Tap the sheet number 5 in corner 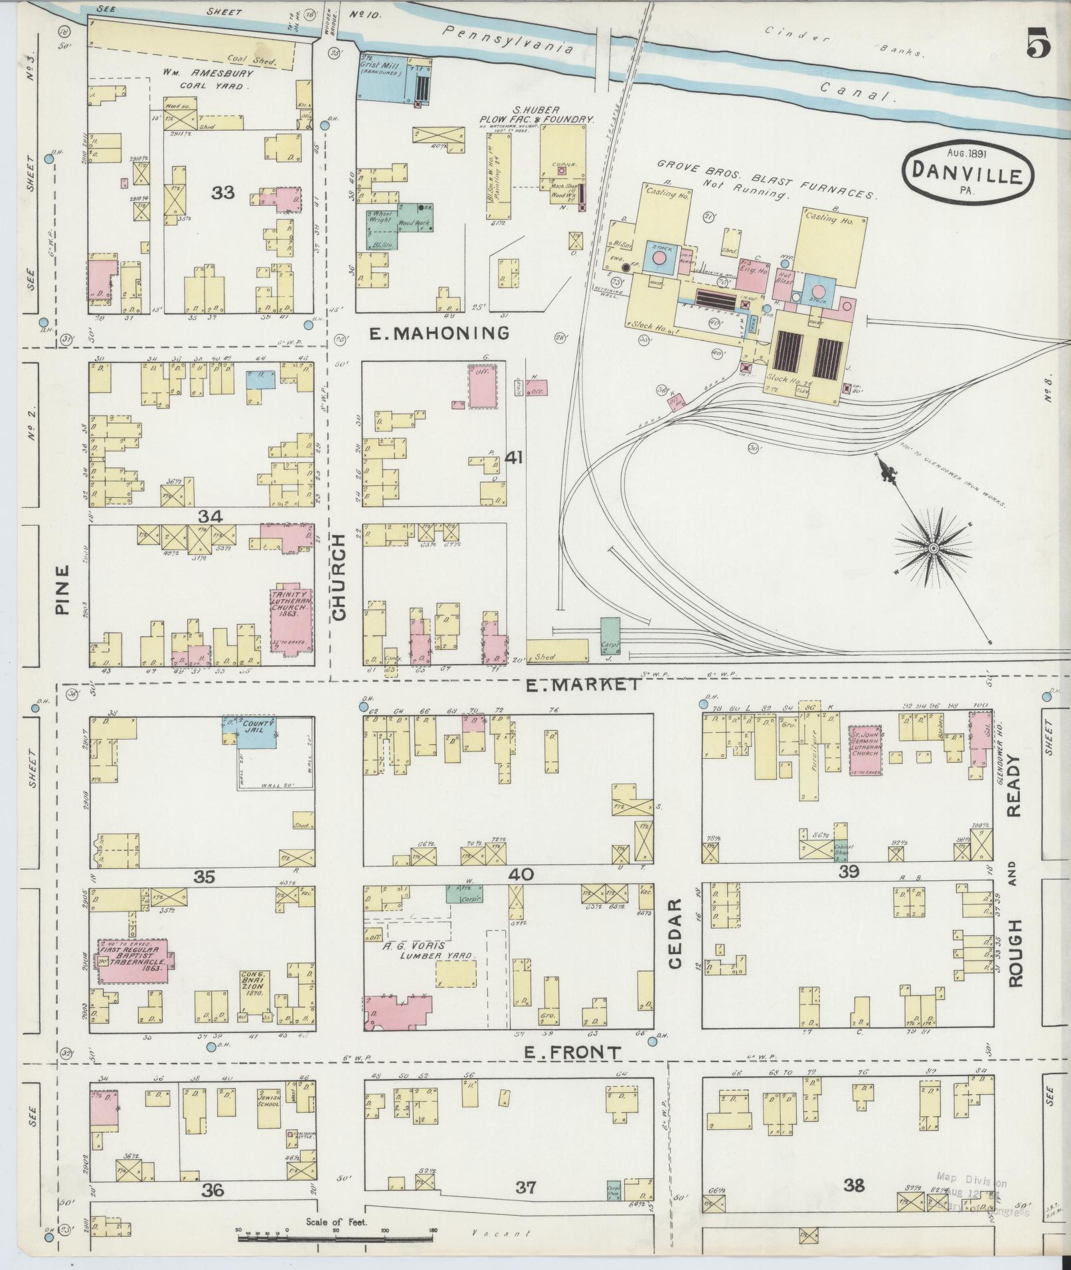(1038, 46)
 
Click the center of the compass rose (933, 548)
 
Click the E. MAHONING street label (439, 333)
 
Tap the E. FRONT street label (572, 1052)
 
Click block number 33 (223, 193)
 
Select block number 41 (515, 457)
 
